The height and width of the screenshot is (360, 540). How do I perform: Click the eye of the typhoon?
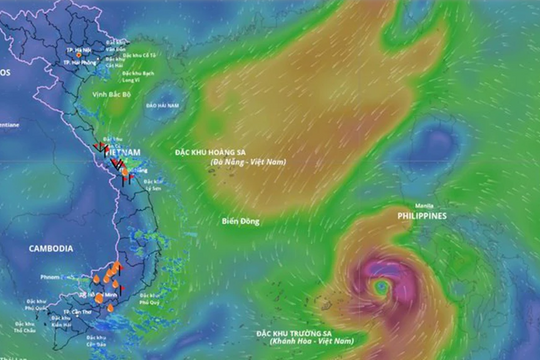tap(381, 286)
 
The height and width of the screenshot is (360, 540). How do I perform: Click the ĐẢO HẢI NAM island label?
tap(162, 104)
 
